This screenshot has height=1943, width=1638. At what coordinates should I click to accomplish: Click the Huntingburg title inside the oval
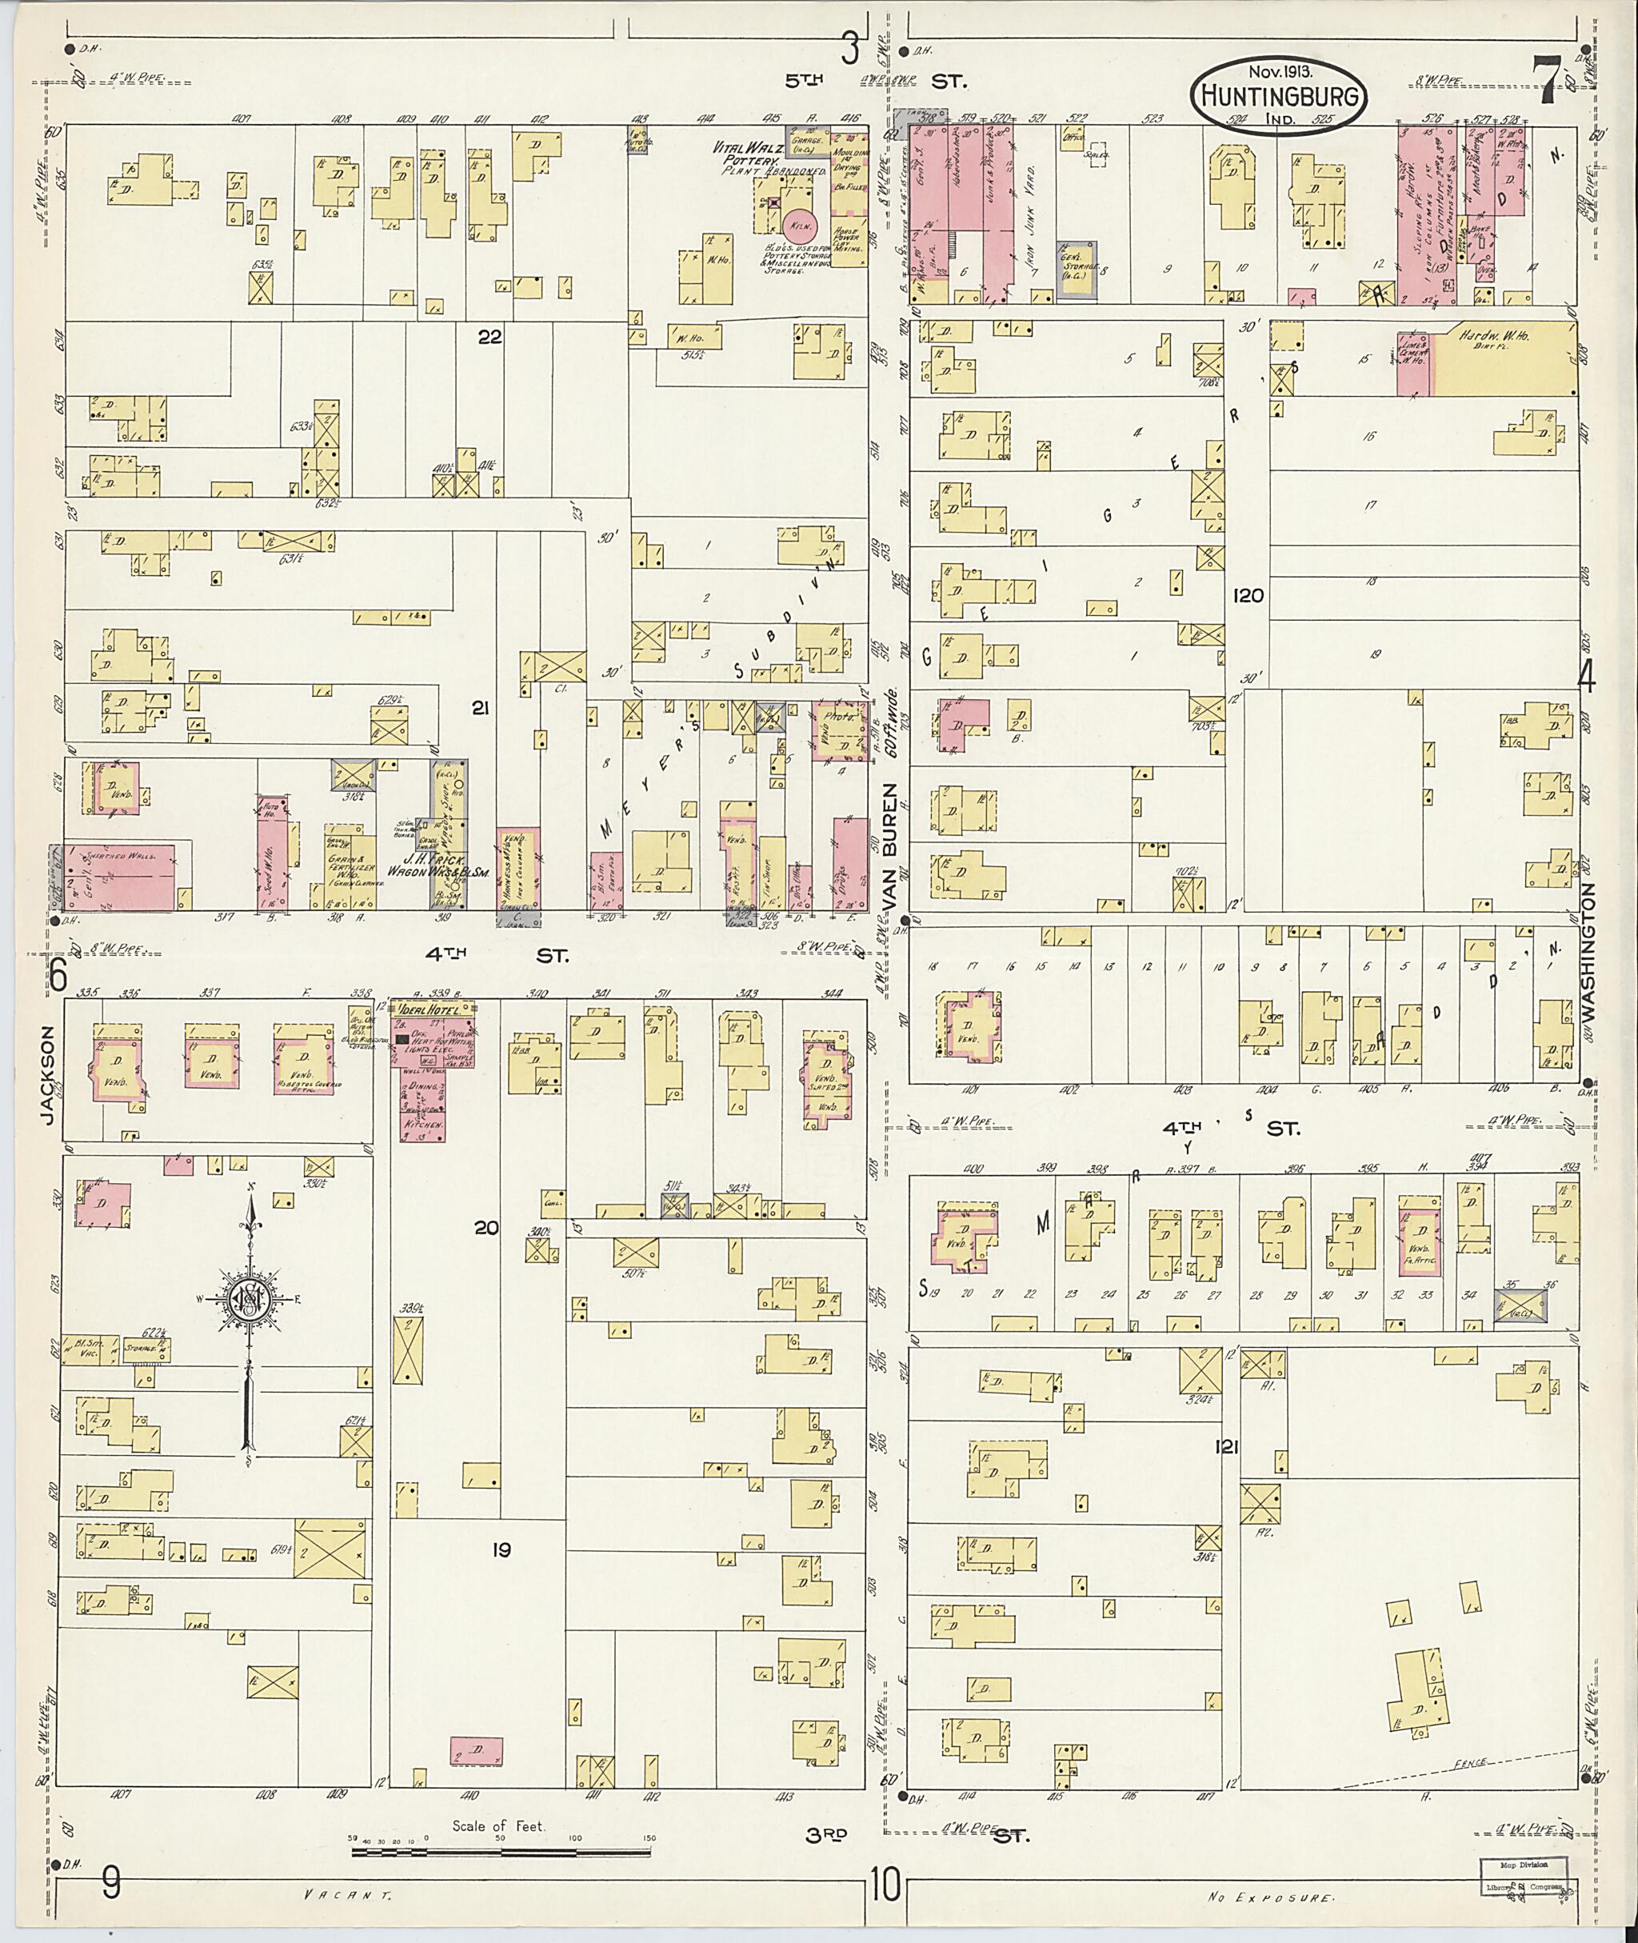(x=1279, y=96)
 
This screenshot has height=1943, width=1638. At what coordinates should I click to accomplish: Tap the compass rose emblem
(x=249, y=1299)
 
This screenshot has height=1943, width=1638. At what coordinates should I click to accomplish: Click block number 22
(x=489, y=337)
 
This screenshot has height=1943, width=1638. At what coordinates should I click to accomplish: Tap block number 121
(x=1227, y=1446)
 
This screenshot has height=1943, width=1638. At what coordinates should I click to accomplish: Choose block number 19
(x=501, y=1549)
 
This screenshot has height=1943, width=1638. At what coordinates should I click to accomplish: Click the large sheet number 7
(x=1545, y=76)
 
